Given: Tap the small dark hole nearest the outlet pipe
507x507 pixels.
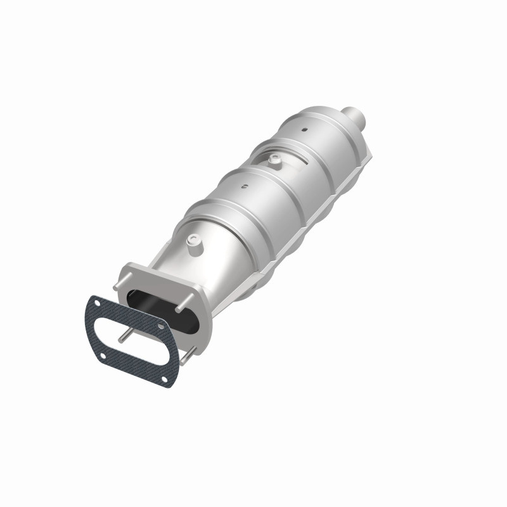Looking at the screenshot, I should click(x=304, y=130).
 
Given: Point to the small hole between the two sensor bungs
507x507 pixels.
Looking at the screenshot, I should click(x=244, y=187).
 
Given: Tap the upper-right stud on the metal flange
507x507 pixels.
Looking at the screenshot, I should click(x=184, y=306).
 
